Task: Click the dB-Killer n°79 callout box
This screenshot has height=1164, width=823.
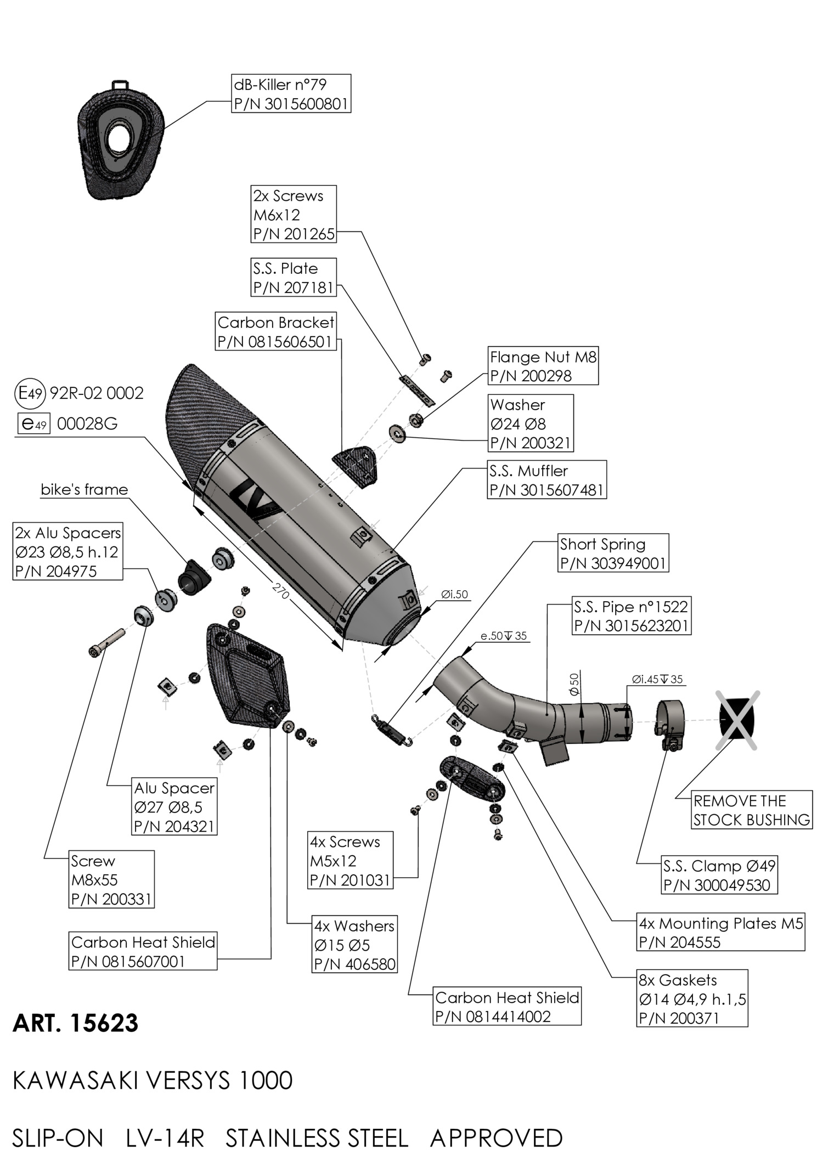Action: pos(291,94)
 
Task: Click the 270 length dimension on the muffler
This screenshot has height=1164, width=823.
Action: pos(280,591)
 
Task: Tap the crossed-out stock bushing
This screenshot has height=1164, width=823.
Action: pos(737,720)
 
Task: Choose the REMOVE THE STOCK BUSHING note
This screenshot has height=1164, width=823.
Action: pos(751,810)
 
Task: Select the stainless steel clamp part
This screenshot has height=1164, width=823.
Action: pos(670,721)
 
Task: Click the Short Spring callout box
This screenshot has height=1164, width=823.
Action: pos(613,553)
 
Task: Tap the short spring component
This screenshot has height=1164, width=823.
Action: pos(391,730)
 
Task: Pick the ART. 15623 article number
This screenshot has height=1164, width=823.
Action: pos(75,1023)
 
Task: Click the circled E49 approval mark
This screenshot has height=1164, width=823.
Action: pos(29,393)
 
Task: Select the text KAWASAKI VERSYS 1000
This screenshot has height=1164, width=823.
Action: pos(152,1081)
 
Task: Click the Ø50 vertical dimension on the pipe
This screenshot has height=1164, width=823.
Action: pos(574,684)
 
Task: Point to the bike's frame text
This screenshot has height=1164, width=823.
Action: pos(84,489)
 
